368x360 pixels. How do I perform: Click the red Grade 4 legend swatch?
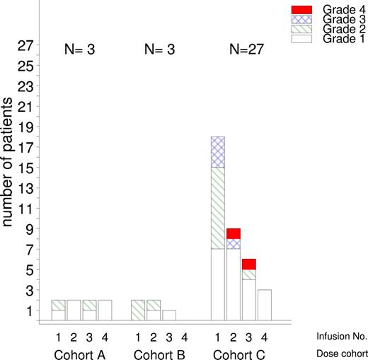281,9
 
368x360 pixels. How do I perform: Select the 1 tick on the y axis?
28,310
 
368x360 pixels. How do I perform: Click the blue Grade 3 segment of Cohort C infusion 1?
218,151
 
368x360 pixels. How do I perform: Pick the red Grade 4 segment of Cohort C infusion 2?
234,233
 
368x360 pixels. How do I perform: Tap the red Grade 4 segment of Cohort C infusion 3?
249,264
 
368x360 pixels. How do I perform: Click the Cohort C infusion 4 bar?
265,305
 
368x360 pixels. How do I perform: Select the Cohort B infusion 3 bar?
169,315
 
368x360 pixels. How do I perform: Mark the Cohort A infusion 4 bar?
105,310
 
